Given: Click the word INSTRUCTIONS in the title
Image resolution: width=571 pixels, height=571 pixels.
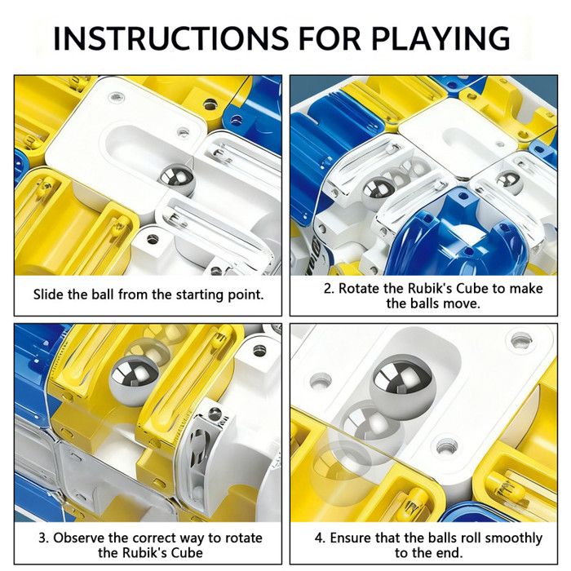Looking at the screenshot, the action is click(x=170, y=38).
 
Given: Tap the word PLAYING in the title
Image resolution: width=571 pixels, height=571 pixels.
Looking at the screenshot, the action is click(x=440, y=38).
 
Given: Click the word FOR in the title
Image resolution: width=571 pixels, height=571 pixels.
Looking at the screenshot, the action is click(x=330, y=38).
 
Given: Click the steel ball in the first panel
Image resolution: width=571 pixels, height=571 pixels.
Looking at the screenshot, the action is click(x=177, y=180).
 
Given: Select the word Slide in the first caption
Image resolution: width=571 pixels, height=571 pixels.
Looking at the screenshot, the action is click(x=48, y=294).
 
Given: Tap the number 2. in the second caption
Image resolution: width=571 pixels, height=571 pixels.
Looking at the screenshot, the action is click(x=329, y=289).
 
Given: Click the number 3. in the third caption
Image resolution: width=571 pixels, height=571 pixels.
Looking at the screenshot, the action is click(x=44, y=538).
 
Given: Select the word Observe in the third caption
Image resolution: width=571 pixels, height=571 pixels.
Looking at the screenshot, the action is click(x=79, y=538).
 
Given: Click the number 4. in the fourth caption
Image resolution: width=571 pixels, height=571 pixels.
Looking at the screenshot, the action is click(x=320, y=538).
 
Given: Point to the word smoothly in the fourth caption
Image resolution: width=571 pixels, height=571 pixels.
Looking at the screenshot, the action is click(x=514, y=538).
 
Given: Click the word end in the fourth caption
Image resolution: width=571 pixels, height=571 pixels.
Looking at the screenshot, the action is click(x=450, y=553).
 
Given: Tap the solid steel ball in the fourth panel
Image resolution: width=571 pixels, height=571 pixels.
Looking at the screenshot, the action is click(x=402, y=386).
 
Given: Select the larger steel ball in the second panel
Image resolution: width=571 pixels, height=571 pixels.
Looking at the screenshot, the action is click(x=379, y=193).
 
